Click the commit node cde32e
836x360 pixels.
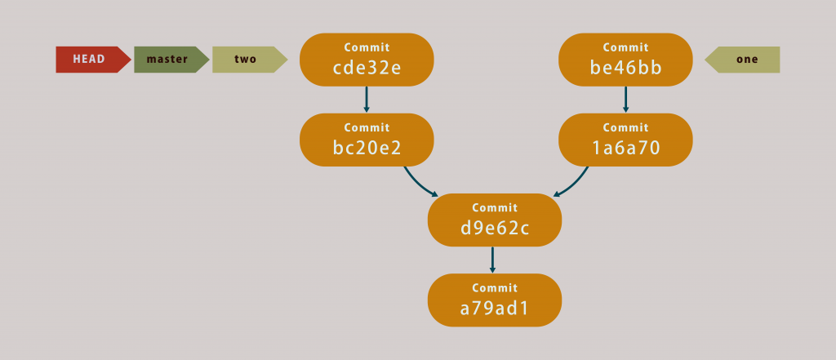[x=367, y=60]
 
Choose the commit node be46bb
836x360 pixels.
[x=625, y=60]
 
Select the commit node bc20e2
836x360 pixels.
[x=367, y=140]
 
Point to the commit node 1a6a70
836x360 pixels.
[x=625, y=140]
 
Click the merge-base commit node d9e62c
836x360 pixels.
[x=495, y=220]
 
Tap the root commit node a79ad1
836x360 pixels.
[x=495, y=300]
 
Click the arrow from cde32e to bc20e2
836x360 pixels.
[x=367, y=99]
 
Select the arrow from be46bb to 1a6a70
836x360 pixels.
[x=625, y=99]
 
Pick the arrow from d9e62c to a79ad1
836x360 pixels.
[x=493, y=260]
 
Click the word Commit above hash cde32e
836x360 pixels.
[x=367, y=47]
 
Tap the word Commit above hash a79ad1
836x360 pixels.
[x=495, y=287]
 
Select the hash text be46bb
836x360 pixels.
[x=625, y=68]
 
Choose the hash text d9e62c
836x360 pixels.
[x=495, y=229]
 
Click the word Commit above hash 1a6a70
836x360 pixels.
[x=625, y=127]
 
